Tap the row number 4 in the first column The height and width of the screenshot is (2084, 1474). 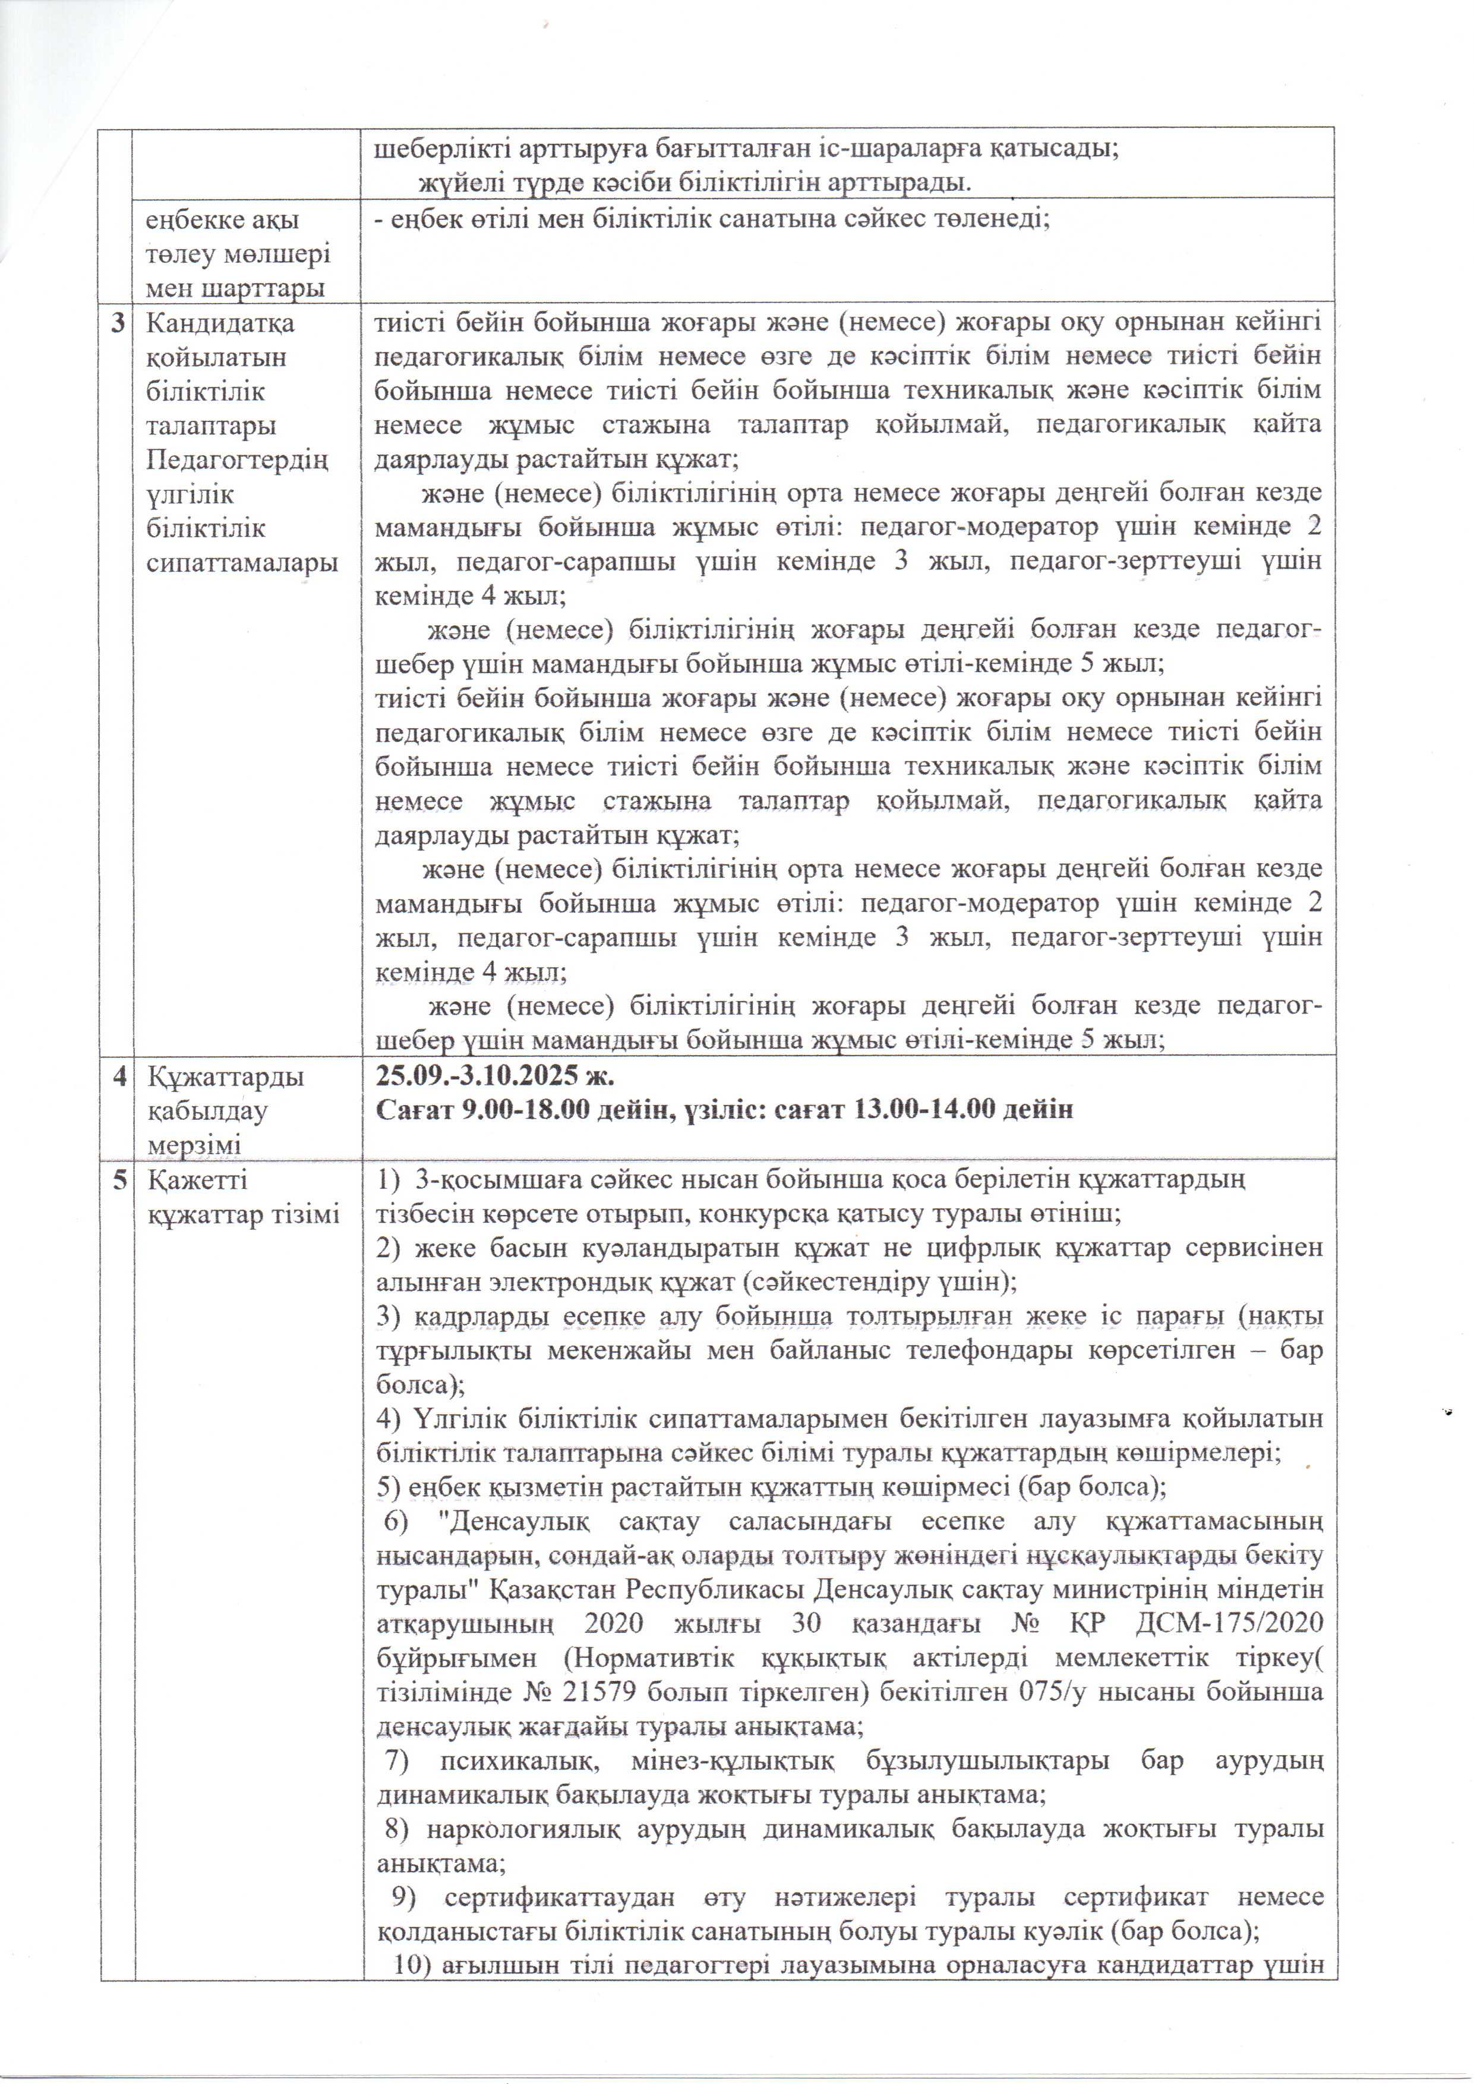(119, 1077)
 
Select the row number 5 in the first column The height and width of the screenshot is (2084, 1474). (119, 1180)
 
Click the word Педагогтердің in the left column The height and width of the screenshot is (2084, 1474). (237, 461)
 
